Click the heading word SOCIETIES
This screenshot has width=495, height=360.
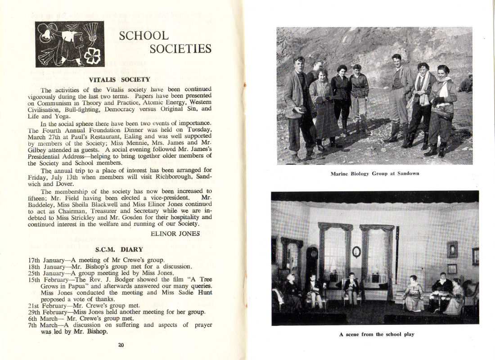(x=180, y=48)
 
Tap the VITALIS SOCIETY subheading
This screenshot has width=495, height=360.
(x=119, y=80)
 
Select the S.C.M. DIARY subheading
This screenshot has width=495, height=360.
(x=119, y=249)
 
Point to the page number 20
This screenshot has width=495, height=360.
(x=121, y=345)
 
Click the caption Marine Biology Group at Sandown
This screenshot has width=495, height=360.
(x=374, y=173)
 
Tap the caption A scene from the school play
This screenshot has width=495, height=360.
(x=377, y=334)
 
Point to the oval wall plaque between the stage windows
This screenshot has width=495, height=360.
(x=356, y=252)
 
